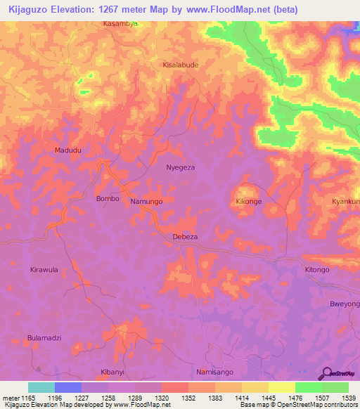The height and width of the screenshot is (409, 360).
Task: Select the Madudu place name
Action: (68, 150)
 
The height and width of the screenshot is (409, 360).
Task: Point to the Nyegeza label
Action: (180, 168)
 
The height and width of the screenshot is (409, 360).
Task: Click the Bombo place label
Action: (108, 199)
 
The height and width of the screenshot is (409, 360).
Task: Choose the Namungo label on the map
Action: (146, 202)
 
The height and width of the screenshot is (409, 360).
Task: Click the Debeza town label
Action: (185, 238)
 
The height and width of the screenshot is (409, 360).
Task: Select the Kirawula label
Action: (44, 270)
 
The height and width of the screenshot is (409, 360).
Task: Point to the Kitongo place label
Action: (316, 270)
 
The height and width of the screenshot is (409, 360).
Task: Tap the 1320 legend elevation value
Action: (162, 398)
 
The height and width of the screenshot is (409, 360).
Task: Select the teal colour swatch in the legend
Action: (41, 387)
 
